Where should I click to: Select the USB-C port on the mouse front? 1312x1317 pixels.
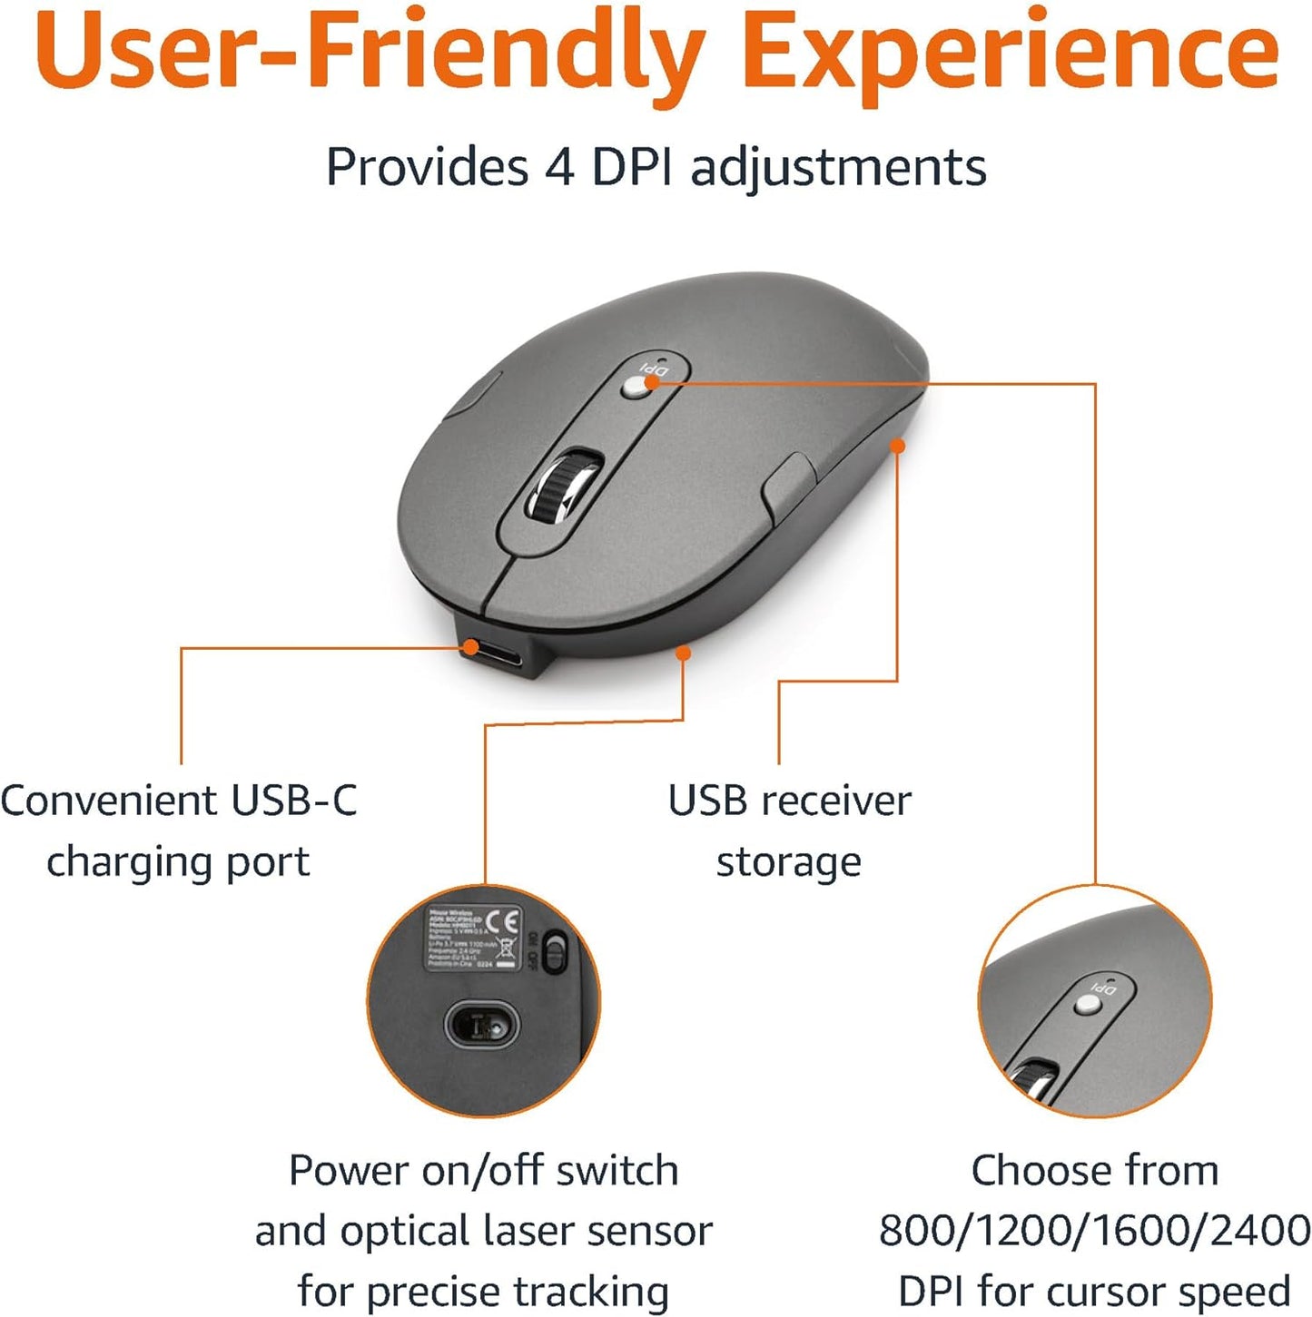pyautogui.click(x=496, y=654)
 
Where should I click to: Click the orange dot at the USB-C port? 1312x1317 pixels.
pyautogui.click(x=470, y=646)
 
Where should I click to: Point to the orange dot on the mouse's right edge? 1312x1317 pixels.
pyautogui.click(x=897, y=446)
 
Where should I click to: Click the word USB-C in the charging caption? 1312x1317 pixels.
pyautogui.click(x=294, y=801)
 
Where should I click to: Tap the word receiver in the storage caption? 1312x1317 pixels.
pyautogui.click(x=835, y=801)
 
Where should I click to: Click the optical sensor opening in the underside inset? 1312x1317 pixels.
pyautogui.click(x=481, y=1026)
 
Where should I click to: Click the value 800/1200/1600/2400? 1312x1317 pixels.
pyautogui.click(x=1094, y=1231)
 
